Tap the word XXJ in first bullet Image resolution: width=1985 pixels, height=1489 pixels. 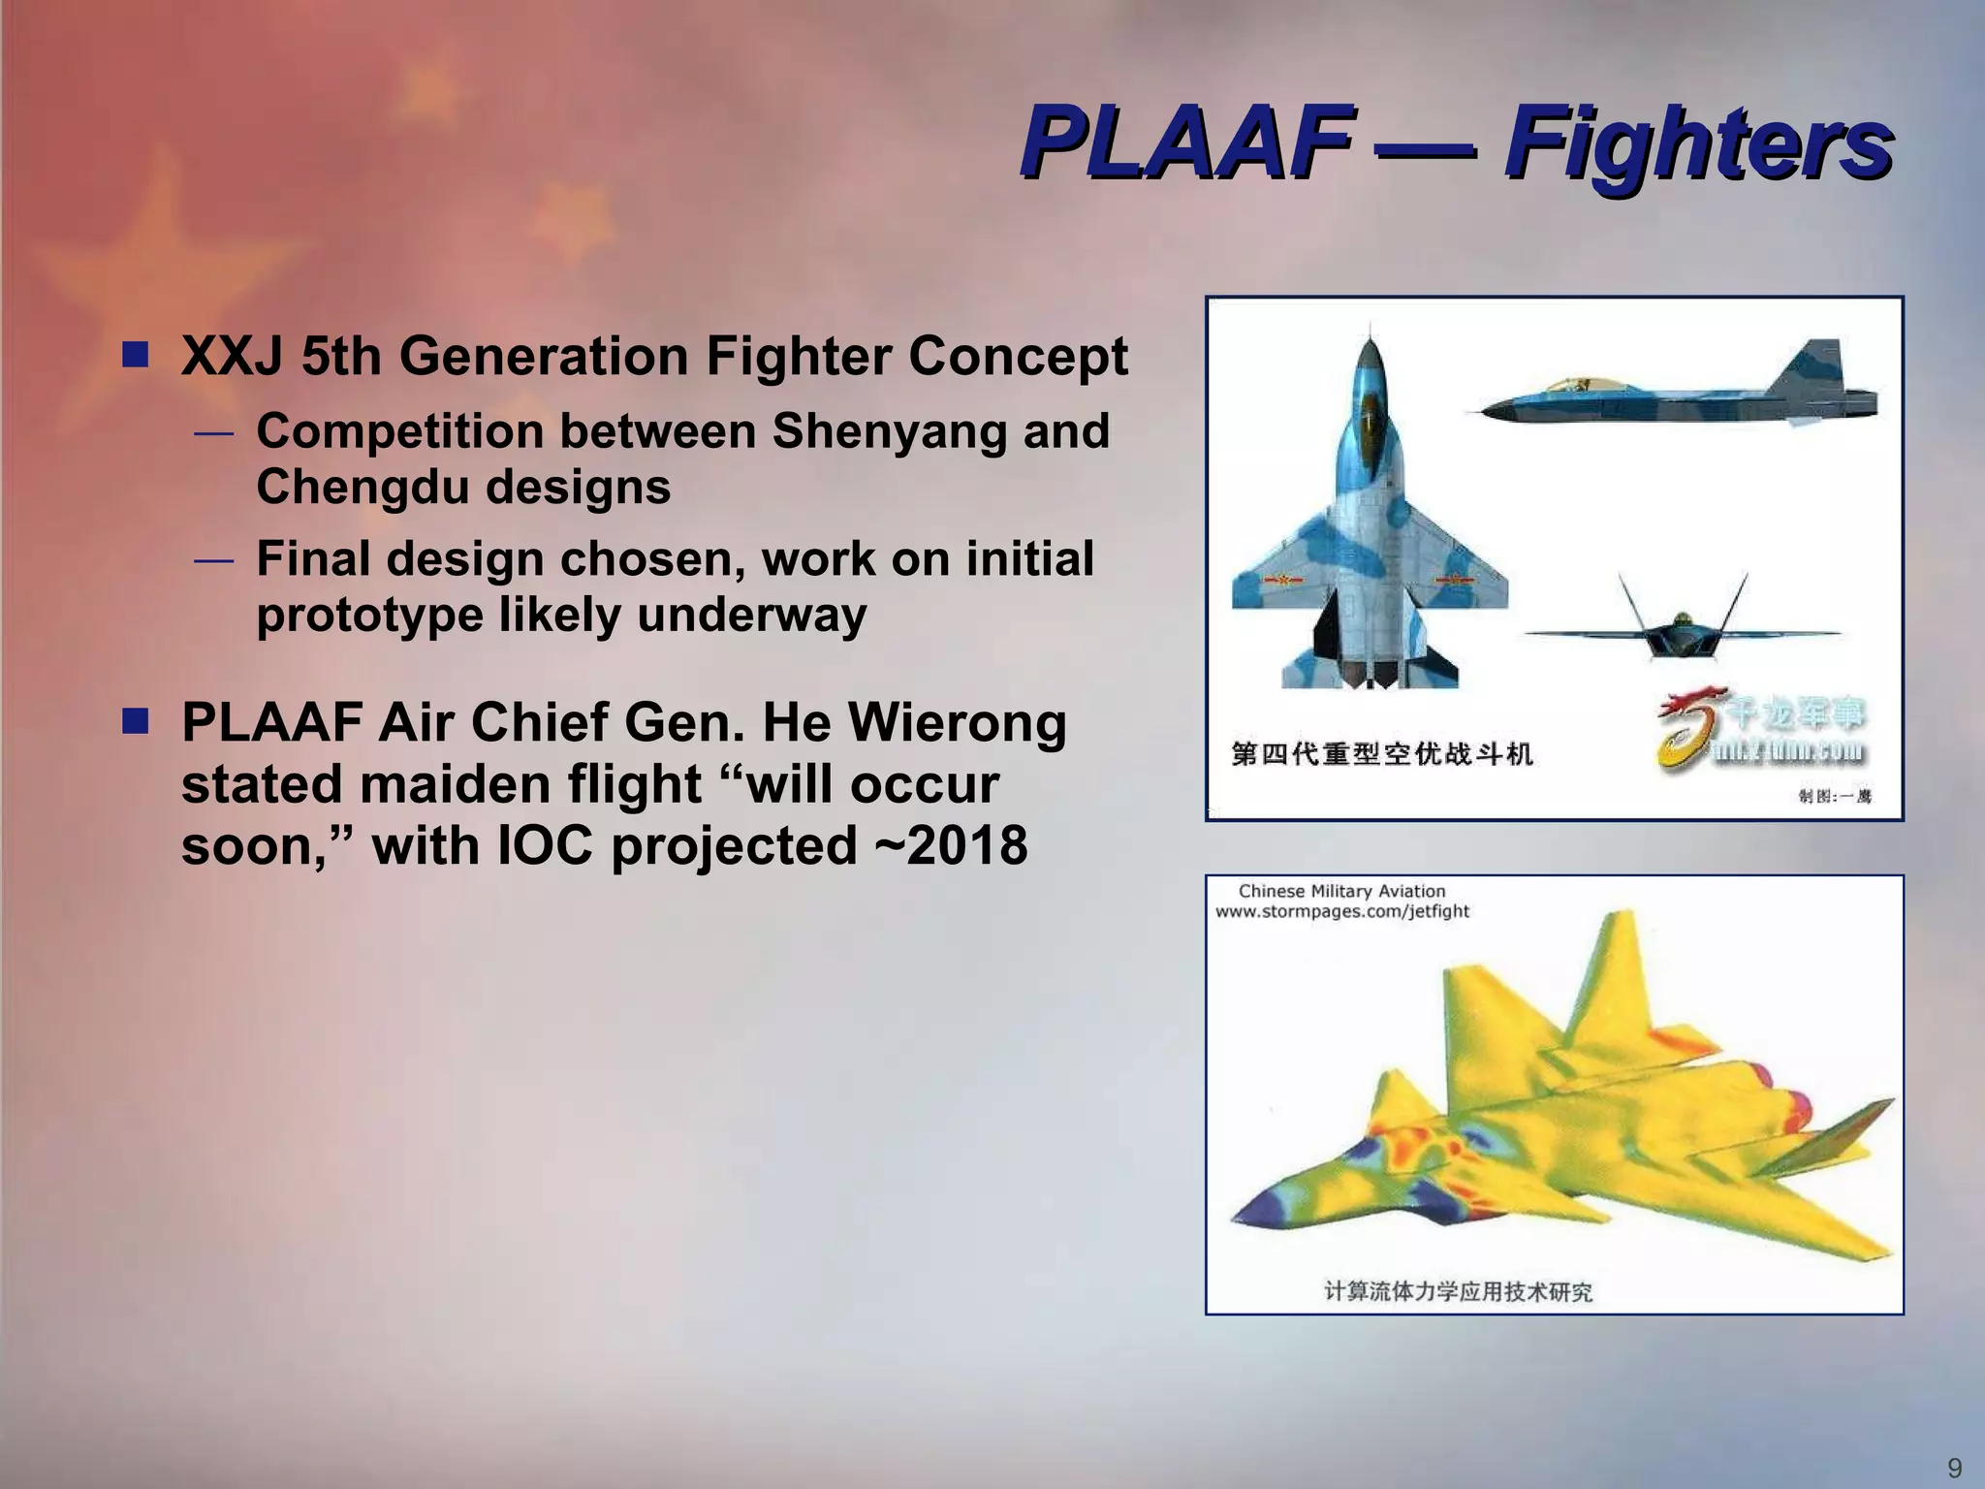tap(233, 356)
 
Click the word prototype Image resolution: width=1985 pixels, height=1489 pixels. tap(368, 615)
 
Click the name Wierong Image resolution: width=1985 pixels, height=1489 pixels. tap(957, 722)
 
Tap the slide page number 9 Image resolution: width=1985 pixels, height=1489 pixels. tap(1954, 1468)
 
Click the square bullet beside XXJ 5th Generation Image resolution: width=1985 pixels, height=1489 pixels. tap(135, 355)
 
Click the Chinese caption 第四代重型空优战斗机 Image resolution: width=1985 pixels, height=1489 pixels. tap(1381, 753)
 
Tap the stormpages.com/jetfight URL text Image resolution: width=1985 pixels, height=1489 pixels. tap(1342, 911)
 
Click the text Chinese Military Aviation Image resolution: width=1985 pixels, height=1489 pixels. tap(1341, 891)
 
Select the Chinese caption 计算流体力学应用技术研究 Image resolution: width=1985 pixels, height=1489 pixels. tap(1459, 1291)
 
